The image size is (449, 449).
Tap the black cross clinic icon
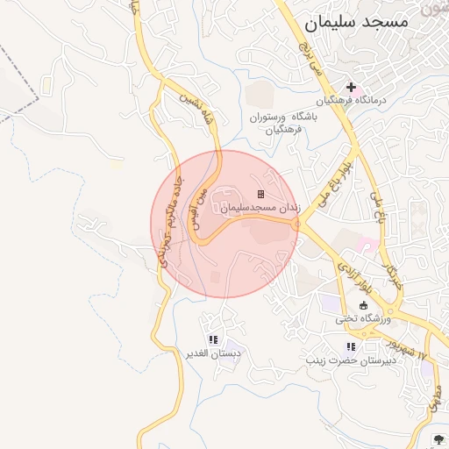coord(352,88)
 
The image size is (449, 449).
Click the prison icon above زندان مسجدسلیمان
coord(260,194)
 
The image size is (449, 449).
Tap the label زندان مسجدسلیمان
coord(260,207)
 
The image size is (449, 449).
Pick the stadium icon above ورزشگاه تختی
coord(364,305)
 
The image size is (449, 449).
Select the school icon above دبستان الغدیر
coord(212,339)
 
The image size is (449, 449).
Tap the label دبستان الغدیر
coord(212,353)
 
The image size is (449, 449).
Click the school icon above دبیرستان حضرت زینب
coord(352,346)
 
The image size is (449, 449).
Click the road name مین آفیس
coord(201,210)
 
